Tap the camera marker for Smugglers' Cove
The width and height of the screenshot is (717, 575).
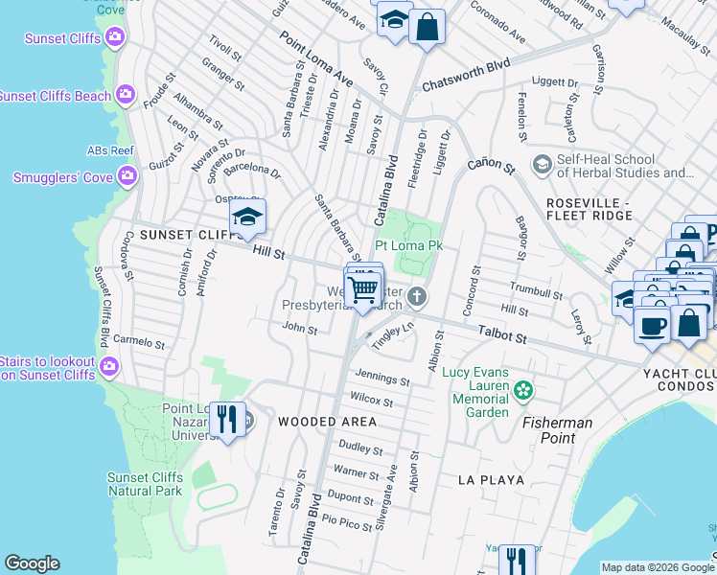pos(126,176)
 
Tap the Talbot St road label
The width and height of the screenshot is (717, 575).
pos(502,337)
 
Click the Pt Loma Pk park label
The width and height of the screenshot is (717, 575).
pos(408,245)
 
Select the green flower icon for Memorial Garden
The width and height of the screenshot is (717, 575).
pos(522,389)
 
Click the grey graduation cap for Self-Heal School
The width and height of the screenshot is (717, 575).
pos(542,165)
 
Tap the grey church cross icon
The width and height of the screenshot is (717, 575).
pos(416,297)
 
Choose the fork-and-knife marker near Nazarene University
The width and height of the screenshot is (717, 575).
pos(226,419)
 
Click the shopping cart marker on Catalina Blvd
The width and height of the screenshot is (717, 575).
pos(363,288)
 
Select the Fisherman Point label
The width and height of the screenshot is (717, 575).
pos(557,430)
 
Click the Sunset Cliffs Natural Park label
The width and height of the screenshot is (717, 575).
pos(145,484)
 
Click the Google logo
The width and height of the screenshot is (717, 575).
pos(32,563)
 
